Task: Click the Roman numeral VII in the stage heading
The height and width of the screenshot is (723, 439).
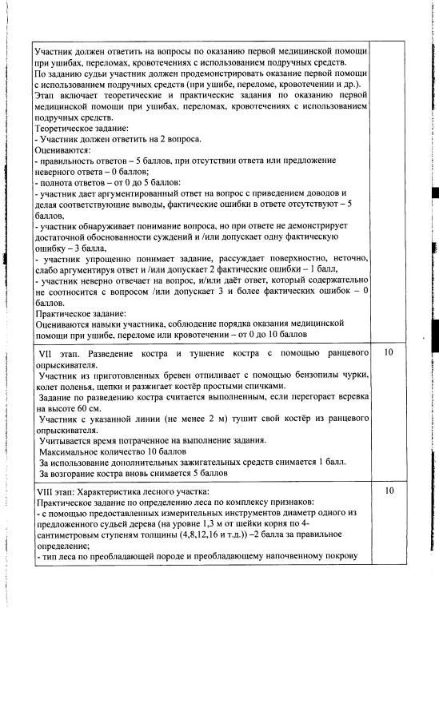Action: coord(46,352)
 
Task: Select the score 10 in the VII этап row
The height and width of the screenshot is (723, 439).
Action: coord(389,352)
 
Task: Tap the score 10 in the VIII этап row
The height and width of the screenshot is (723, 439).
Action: coord(389,491)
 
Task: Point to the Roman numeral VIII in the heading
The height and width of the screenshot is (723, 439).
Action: coord(47,491)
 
